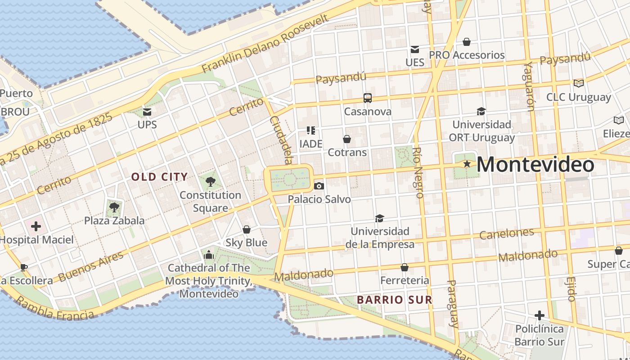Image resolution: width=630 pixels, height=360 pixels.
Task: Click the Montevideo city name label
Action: click(535, 165)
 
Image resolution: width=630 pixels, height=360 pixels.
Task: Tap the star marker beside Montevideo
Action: click(467, 164)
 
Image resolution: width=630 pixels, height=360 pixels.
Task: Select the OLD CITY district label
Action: click(159, 177)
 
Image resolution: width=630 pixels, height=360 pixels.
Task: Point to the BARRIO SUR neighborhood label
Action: click(394, 300)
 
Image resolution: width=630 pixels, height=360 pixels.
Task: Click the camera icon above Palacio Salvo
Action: click(319, 186)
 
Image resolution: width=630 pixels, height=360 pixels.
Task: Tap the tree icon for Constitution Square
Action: click(210, 182)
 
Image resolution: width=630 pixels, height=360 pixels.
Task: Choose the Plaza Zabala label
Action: click(114, 220)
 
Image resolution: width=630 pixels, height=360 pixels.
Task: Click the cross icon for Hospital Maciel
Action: click(36, 226)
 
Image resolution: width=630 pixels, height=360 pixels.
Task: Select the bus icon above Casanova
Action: click(368, 98)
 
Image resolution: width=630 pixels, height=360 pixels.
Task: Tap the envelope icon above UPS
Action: click(147, 112)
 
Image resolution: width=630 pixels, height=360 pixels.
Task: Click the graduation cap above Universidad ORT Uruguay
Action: click(481, 111)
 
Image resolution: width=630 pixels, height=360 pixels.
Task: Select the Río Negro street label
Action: click(418, 173)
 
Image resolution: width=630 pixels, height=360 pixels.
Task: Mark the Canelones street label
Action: click(506, 234)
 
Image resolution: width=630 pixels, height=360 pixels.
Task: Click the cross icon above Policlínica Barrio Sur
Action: click(539, 315)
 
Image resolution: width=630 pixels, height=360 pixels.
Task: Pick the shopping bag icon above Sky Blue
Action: click(247, 229)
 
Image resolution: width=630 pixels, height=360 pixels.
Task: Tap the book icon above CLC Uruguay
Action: click(578, 83)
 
